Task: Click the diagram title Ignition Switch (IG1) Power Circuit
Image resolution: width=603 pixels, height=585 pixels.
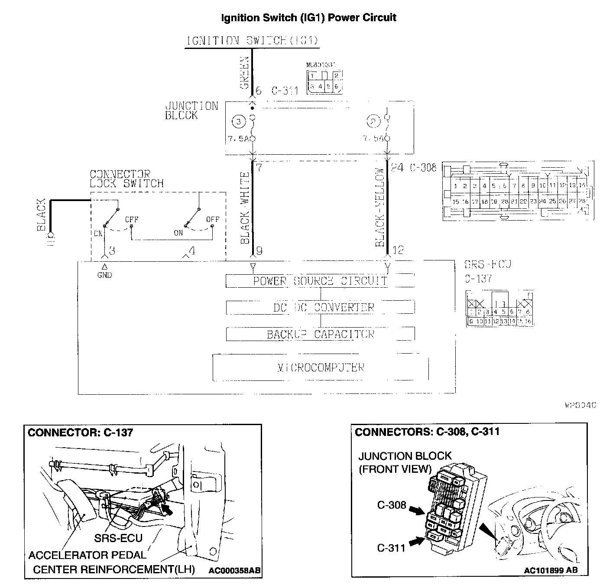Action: [308, 18]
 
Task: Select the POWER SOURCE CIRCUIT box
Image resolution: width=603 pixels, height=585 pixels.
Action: [320, 281]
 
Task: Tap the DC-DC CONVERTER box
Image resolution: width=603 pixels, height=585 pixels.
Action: [320, 308]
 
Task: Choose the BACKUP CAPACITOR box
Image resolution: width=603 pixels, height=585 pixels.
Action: [320, 334]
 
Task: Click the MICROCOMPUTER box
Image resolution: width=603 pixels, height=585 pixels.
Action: [320, 367]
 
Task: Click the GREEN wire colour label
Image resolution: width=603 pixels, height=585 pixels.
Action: [245, 73]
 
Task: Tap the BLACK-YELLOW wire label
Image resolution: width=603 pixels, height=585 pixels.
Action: [380, 207]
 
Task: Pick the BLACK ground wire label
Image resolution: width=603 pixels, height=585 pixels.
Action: [41, 215]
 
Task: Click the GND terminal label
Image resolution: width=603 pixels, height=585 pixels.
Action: [104, 275]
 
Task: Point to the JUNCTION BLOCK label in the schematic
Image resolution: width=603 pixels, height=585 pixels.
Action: [191, 110]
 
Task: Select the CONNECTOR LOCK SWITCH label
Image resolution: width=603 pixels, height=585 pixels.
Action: [126, 179]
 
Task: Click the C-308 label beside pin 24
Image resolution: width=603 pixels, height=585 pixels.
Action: [423, 167]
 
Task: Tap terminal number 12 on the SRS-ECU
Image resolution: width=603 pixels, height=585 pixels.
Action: [398, 250]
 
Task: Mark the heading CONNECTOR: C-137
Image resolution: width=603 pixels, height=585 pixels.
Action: [81, 432]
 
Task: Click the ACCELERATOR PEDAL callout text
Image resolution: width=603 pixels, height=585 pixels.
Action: [87, 555]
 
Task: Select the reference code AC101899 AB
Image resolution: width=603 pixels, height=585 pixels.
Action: [550, 570]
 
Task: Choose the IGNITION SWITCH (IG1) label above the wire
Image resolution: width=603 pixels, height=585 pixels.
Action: [253, 41]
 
